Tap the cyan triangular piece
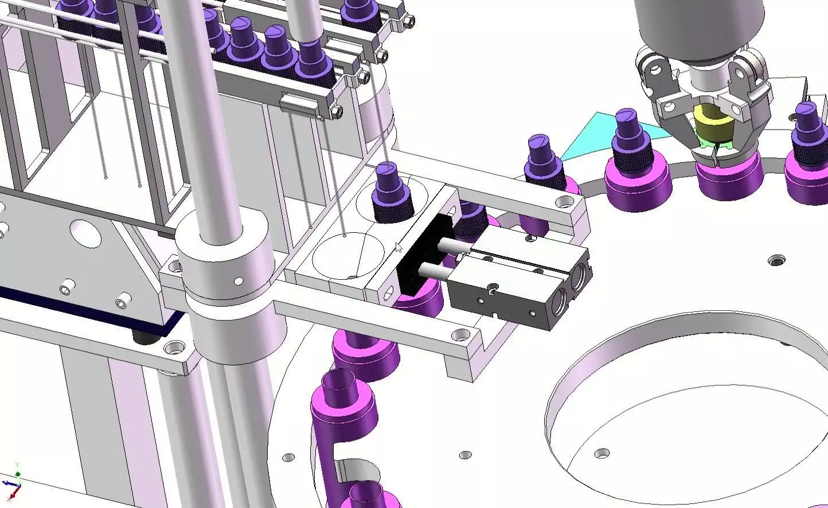(591, 134)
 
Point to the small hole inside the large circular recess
(601, 454)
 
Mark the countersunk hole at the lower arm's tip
(458, 334)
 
